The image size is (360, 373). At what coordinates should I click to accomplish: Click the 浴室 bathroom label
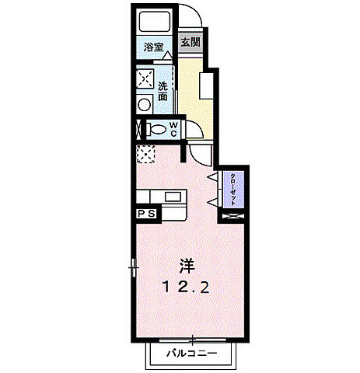coord(152,47)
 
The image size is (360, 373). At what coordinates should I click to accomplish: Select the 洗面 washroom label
coord(163,91)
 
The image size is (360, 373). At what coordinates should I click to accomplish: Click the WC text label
coord(174,129)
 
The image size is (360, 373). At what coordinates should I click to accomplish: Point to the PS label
coord(146,213)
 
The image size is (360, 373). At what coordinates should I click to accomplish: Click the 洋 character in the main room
coord(187,264)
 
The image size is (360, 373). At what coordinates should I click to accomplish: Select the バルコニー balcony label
coord(190,354)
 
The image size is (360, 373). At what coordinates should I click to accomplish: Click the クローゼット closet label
coord(232,187)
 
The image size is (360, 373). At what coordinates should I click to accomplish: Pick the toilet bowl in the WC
coord(156,129)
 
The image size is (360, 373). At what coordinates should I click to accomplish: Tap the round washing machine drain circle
coord(145,105)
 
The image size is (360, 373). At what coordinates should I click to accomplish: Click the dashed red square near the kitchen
coord(145,153)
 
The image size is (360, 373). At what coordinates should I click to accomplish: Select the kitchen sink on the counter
coord(173,197)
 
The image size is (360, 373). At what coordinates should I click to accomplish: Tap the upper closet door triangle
coord(211,178)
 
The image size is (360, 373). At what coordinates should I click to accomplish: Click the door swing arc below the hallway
coord(201,153)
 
